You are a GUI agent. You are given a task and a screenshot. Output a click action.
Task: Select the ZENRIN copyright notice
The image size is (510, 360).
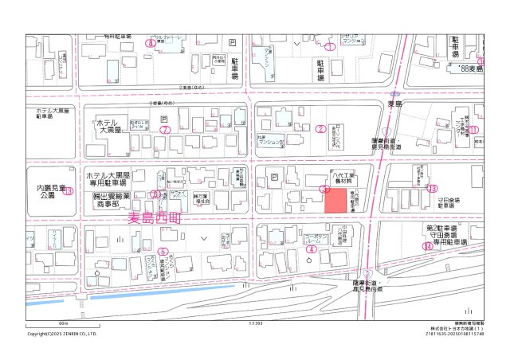[x=62, y=334]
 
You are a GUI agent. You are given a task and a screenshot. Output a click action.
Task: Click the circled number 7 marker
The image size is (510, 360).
[x=165, y=129]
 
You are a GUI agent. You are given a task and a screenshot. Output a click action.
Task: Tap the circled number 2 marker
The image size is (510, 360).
[x=320, y=128]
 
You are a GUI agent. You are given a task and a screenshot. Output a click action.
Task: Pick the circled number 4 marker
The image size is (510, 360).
[x=312, y=248]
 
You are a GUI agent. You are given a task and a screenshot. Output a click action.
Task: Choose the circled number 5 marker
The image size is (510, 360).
[x=163, y=251]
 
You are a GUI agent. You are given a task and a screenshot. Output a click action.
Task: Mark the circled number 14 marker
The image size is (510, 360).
[x=428, y=246]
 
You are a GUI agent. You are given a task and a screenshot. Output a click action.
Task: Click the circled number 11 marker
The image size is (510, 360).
[x=473, y=129]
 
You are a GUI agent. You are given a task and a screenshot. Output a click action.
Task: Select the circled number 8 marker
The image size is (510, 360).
[x=150, y=43]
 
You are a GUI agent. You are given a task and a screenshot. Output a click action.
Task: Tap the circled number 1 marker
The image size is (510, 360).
[x=328, y=47]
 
